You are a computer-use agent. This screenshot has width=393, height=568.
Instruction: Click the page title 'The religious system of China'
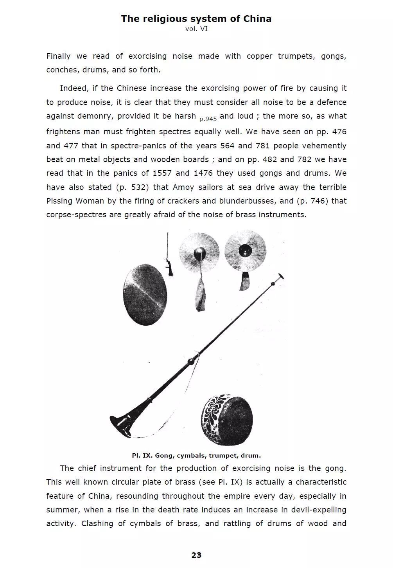point(196,18)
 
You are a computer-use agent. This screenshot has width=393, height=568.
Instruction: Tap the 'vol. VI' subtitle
point(196,29)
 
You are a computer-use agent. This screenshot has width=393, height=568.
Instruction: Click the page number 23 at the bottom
point(196,555)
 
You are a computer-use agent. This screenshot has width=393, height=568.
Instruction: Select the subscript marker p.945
point(208,119)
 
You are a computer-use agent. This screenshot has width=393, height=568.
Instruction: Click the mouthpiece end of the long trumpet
point(280,277)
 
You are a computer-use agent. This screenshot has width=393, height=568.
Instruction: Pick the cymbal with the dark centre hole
point(246,251)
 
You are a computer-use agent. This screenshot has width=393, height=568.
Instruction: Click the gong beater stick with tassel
point(169,254)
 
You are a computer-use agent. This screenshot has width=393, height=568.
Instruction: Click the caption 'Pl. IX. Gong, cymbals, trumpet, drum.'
point(196,455)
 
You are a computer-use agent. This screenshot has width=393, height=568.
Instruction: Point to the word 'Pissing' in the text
point(59,201)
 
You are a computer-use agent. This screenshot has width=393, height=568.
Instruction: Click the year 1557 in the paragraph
point(162,173)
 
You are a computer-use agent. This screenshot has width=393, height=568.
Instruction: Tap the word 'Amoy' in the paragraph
point(183,187)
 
